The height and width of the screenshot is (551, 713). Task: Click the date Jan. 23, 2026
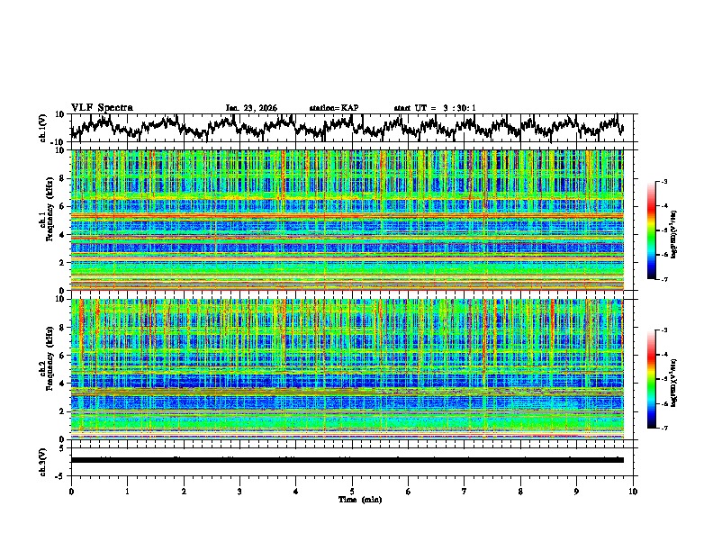[251, 108]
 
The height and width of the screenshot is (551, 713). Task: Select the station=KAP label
[333, 108]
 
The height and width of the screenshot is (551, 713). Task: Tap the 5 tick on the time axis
[353, 491]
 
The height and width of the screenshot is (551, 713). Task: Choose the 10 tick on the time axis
[634, 491]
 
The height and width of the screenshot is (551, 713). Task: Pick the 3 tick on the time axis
[240, 491]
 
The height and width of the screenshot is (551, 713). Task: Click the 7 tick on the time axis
[465, 491]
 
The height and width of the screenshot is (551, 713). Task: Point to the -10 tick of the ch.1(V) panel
[57, 142]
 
